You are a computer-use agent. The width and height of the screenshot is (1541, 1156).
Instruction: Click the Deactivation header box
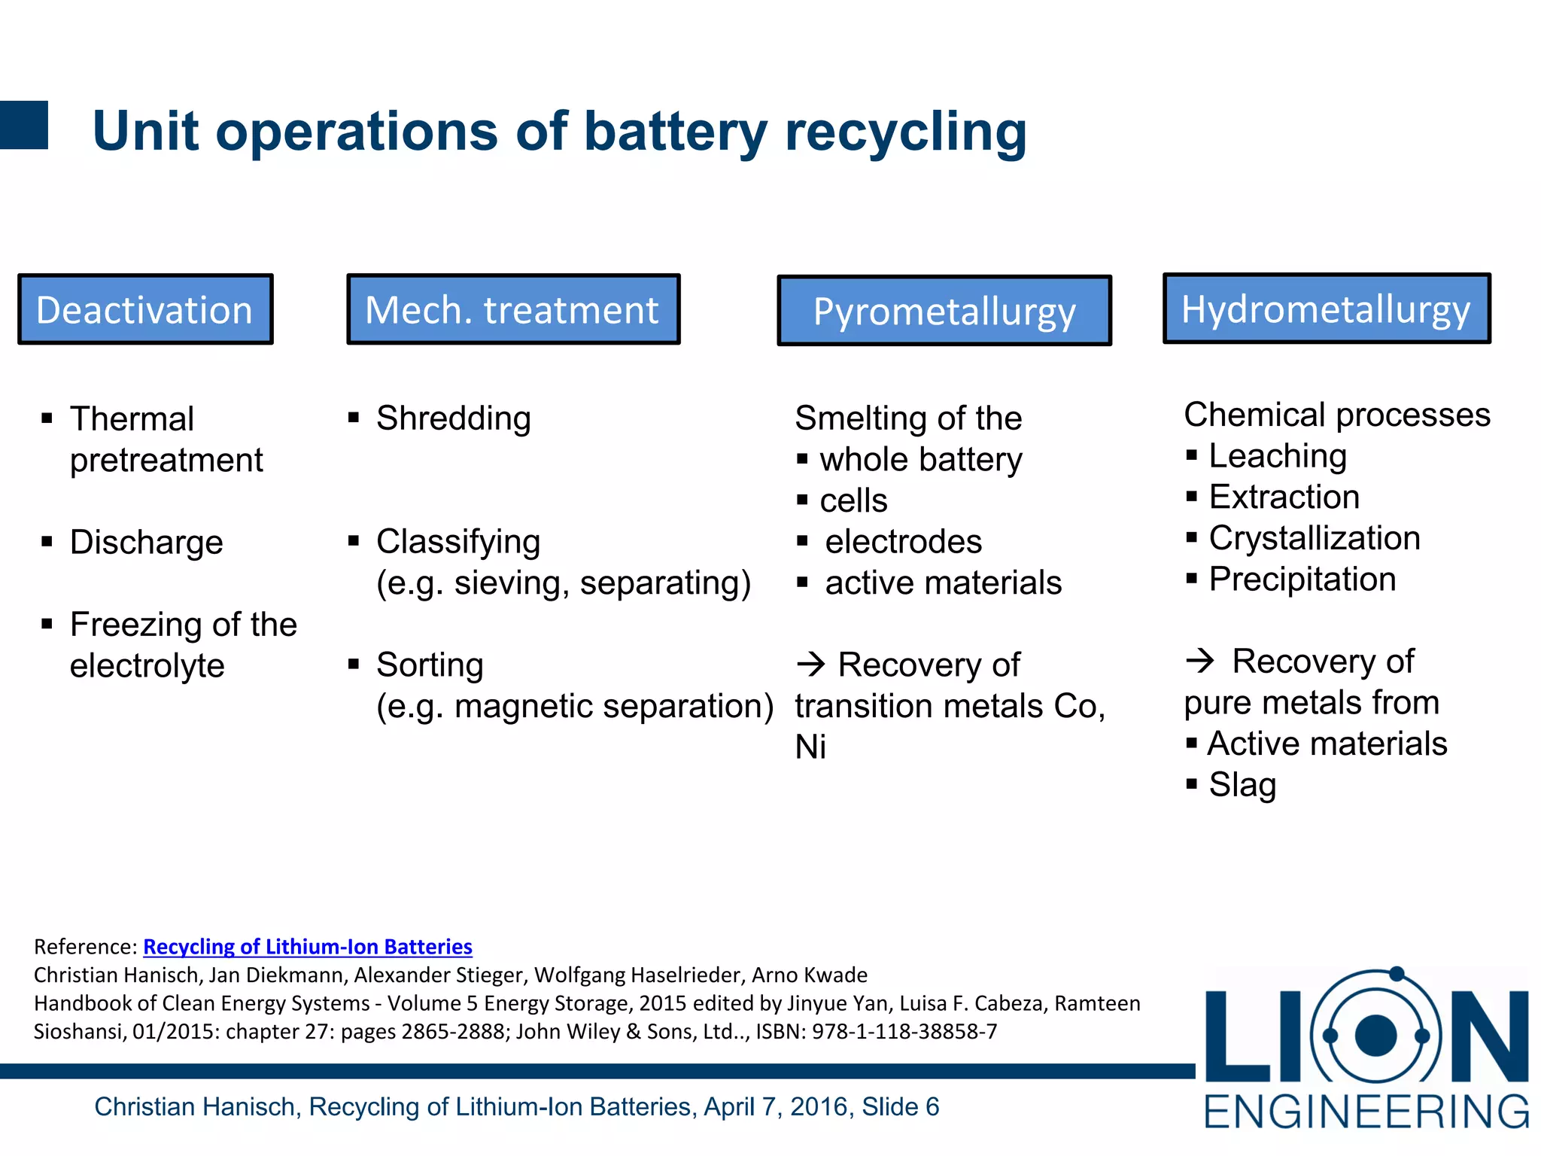tap(145, 309)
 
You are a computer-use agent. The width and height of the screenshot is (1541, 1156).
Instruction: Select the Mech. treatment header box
tap(513, 309)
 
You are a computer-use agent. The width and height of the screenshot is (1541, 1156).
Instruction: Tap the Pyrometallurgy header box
tap(944, 311)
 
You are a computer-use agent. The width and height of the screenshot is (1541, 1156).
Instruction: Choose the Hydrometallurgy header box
tap(1327, 309)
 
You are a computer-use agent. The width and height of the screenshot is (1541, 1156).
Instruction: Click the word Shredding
tap(454, 418)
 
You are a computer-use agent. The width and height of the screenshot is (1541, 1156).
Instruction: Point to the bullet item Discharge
tap(147, 543)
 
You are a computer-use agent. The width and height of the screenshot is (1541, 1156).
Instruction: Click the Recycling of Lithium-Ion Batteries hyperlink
tap(307, 946)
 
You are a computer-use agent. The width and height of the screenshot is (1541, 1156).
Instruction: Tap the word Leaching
tap(1278, 456)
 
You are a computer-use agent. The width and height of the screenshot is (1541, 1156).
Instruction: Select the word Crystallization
tap(1315, 538)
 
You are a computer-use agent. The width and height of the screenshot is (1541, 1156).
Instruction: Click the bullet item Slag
tap(1242, 785)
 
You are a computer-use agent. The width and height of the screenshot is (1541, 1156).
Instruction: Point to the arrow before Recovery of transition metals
tap(811, 664)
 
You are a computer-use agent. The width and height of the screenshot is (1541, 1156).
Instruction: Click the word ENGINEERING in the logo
tap(1366, 1112)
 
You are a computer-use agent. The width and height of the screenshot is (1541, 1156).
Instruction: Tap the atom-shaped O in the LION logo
tap(1376, 1035)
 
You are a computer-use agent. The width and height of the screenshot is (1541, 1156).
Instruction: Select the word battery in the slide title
tap(675, 132)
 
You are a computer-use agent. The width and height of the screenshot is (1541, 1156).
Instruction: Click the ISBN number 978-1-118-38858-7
tap(904, 1031)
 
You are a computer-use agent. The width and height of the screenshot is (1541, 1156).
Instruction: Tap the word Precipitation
tap(1302, 580)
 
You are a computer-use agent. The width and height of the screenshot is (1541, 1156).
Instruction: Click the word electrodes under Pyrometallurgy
tap(903, 542)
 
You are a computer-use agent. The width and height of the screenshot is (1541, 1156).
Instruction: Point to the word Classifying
tap(458, 542)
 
